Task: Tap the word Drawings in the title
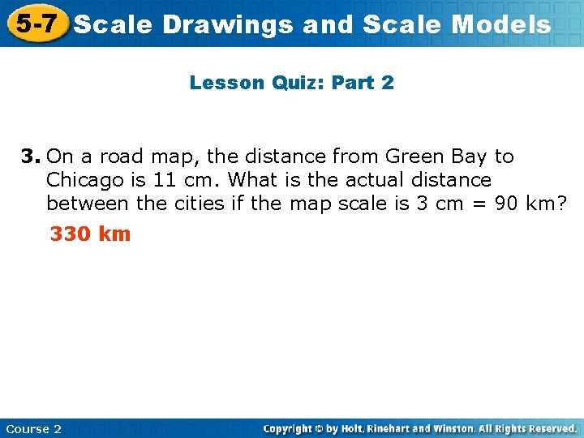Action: coord(228,24)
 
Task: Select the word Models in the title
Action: coord(501,24)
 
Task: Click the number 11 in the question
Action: coord(165,179)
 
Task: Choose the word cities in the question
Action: coord(199,203)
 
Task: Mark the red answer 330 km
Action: coord(90,234)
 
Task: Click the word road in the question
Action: coord(121,156)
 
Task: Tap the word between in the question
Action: coord(88,203)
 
